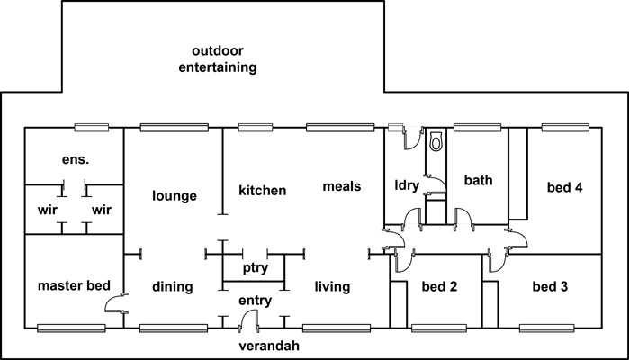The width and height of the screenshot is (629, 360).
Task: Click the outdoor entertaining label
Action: (x=217, y=58)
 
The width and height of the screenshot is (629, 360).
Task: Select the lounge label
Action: (x=175, y=195)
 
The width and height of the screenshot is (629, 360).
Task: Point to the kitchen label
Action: (x=262, y=191)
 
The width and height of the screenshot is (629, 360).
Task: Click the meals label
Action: (x=342, y=187)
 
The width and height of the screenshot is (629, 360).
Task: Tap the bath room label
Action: (x=478, y=181)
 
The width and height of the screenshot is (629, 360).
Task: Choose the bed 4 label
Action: (x=565, y=189)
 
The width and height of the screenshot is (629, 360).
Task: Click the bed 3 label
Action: (x=550, y=288)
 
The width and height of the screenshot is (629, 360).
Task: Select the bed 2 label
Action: (x=440, y=288)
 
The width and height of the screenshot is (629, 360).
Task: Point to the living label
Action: (x=332, y=287)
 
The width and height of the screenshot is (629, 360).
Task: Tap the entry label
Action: (x=255, y=300)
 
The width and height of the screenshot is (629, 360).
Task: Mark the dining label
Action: (x=172, y=288)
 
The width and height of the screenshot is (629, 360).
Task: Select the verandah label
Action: (x=267, y=346)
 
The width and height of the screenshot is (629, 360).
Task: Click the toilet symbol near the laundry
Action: (x=436, y=142)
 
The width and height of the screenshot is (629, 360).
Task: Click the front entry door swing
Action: (x=251, y=318)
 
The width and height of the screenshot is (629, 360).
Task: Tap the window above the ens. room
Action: (x=92, y=127)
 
